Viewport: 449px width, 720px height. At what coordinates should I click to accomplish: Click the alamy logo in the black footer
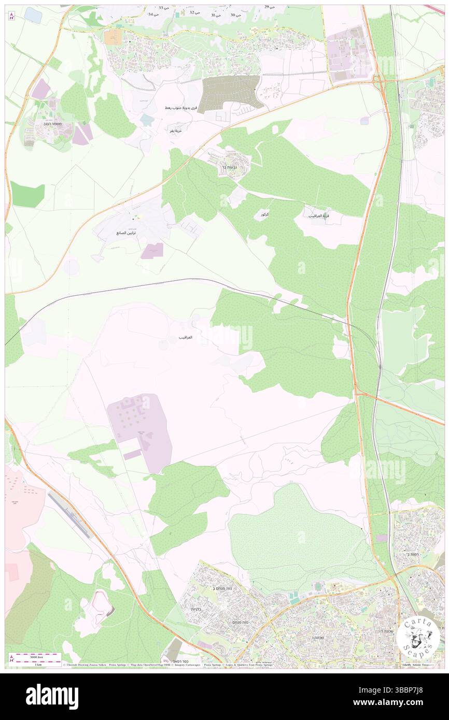pos(52,696)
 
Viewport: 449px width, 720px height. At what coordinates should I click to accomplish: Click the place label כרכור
pos(261,214)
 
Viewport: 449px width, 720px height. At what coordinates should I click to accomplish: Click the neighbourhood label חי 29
pos(269,7)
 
